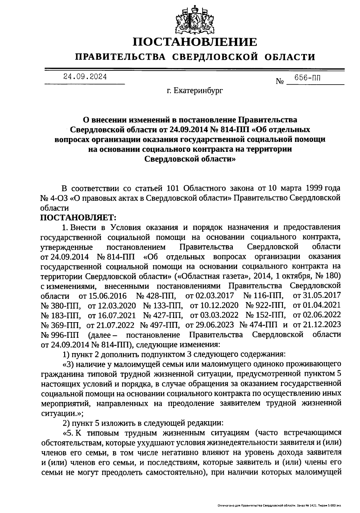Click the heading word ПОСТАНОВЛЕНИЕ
[x=195, y=42]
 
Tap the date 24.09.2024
[x=85, y=76]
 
